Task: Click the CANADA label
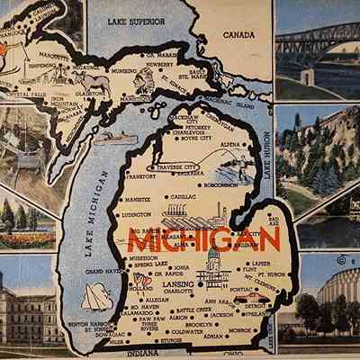239,35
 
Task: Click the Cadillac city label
184,195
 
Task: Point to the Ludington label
137,215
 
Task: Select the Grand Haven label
101,270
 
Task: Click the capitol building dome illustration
213,264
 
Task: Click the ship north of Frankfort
115,139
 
